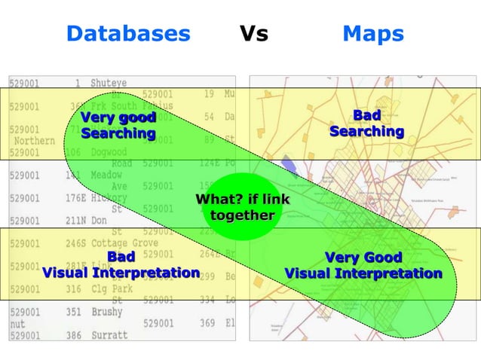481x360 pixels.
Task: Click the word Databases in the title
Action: (128, 34)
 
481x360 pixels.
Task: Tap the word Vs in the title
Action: (254, 34)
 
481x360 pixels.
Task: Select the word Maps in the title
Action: (372, 34)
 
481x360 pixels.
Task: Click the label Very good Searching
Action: (118, 125)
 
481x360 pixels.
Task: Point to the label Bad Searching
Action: (366, 124)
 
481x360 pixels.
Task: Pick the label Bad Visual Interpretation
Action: (121, 265)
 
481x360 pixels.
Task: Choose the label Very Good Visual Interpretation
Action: (363, 265)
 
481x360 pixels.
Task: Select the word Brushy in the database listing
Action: (107, 312)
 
